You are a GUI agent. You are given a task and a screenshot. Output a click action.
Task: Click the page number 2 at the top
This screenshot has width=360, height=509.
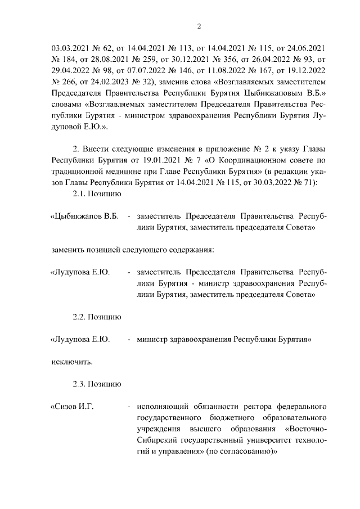tap(199, 26)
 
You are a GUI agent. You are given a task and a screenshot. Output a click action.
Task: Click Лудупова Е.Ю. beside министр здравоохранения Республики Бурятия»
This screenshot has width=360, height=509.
tap(80, 340)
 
